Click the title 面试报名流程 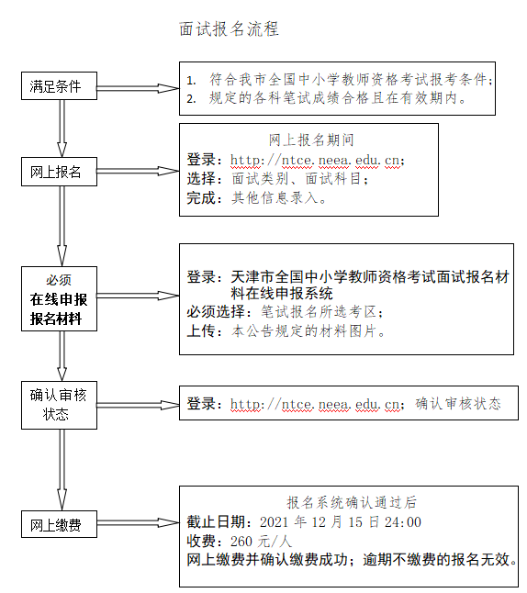coord(229,29)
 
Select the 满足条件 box coord(59,86)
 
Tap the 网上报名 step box coord(59,172)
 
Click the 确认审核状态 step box coord(59,405)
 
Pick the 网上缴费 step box coord(59,524)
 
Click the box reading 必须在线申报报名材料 coord(59,298)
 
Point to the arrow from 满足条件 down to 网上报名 coord(62,129)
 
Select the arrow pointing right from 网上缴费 coord(138,523)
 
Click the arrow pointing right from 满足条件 coord(138,88)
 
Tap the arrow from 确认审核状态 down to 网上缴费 coord(62,470)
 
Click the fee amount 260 coord(241,542)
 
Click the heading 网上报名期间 coord(311,140)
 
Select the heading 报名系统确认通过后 coord(352,502)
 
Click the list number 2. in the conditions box coord(191,99)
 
